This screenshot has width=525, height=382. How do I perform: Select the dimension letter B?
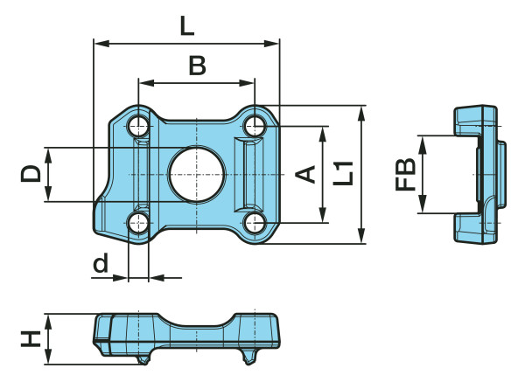pyautogui.click(x=198, y=66)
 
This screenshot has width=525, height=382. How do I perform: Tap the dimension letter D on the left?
pyautogui.click(x=31, y=173)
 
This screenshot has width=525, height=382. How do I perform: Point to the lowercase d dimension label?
pyautogui.click(x=101, y=262)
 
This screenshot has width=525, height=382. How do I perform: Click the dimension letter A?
pyautogui.click(x=305, y=175)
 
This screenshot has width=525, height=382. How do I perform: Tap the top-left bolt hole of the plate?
pyautogui.click(x=139, y=126)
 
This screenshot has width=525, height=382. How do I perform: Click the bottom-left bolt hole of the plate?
pyautogui.click(x=139, y=223)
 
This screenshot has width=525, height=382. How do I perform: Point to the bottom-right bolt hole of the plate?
pyautogui.click(x=254, y=223)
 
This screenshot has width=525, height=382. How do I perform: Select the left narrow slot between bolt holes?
pyautogui.click(x=140, y=174)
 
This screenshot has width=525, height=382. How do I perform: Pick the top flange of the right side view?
pyautogui.click(x=475, y=118)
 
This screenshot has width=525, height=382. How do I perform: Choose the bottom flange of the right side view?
pyautogui.click(x=475, y=230)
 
